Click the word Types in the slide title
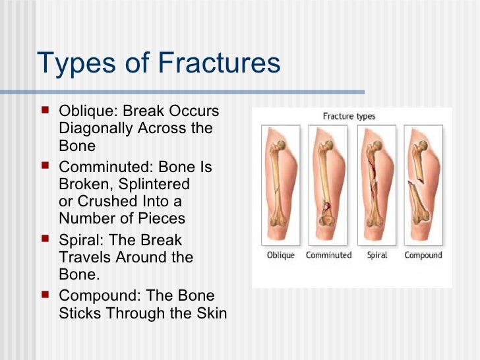pos(72,64)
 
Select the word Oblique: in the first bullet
pos(84,111)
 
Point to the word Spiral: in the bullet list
pos(80,241)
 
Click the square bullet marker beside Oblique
pos(44,111)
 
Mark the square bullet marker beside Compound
pos(44,296)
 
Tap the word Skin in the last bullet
pos(210,313)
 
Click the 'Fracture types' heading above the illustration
pos(349,116)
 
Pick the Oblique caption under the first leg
pos(280,255)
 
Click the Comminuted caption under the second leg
pos(328,255)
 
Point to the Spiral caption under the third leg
pos(377,255)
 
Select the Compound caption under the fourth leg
pos(423,255)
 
